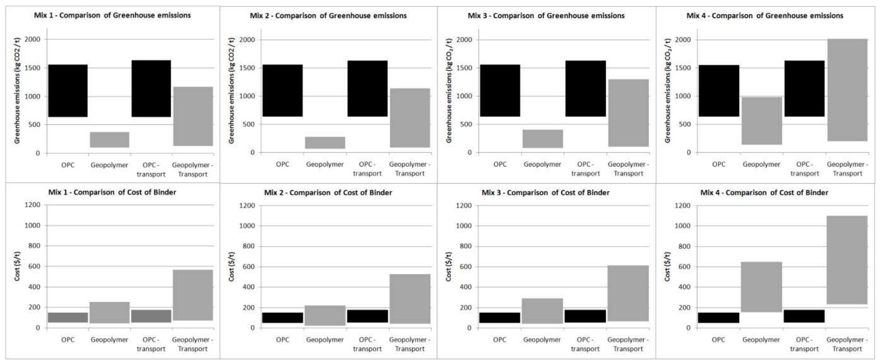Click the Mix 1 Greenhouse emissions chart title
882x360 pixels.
tap(112, 15)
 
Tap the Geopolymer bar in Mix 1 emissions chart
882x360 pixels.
tap(110, 140)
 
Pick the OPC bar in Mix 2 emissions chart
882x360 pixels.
tap(282, 90)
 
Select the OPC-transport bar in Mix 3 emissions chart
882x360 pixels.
tap(585, 88)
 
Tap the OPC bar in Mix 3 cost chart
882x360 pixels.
tap(500, 317)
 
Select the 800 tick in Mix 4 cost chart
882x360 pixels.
tap(683, 246)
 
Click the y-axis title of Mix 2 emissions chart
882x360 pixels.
tap(232, 90)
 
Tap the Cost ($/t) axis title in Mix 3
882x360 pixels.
tap(448, 267)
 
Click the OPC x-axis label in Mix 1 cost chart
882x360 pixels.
tap(68, 340)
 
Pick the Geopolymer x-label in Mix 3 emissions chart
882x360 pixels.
tap(542, 164)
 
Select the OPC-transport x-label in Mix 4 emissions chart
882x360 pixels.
tap(804, 169)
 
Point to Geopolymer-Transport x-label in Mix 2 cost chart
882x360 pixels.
tap(410, 344)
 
